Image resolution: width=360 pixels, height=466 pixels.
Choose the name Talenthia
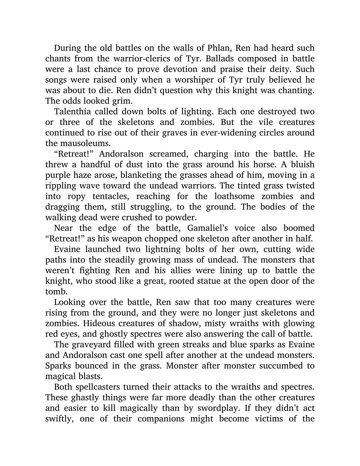[x=75, y=111]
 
